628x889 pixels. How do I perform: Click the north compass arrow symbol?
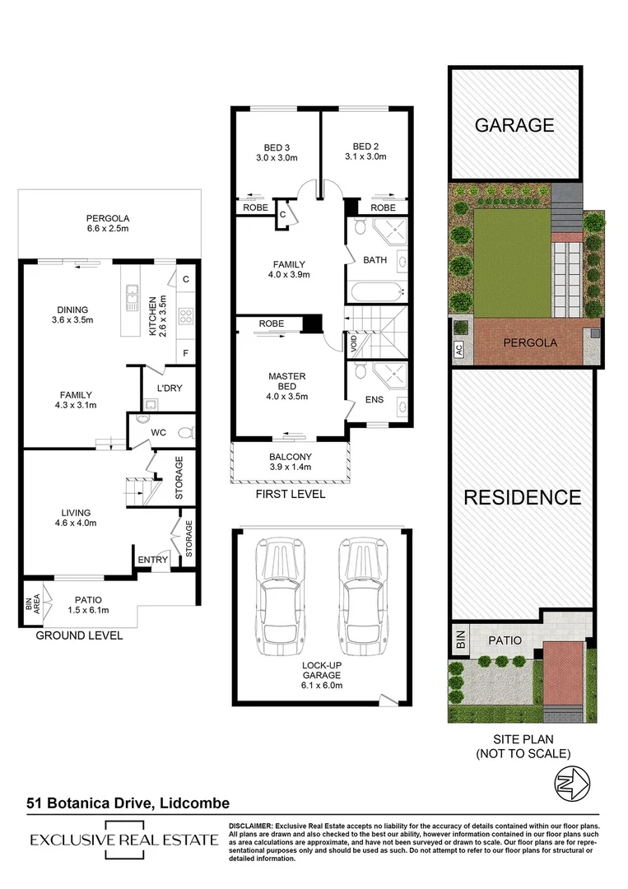pyautogui.click(x=572, y=783)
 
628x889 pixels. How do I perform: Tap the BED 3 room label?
pyautogui.click(x=277, y=147)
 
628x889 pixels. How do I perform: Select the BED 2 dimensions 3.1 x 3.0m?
pyautogui.click(x=365, y=156)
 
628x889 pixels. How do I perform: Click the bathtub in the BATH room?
pyautogui.click(x=377, y=292)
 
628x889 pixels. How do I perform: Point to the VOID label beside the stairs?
pyautogui.click(x=354, y=343)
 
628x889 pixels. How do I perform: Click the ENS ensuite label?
pyautogui.click(x=374, y=399)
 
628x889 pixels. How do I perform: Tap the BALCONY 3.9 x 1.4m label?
pyautogui.click(x=291, y=462)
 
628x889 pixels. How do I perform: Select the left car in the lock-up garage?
pyautogui.click(x=280, y=597)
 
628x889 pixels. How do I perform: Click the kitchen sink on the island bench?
pyautogui.click(x=132, y=296)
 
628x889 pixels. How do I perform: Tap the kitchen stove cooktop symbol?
pyautogui.click(x=186, y=316)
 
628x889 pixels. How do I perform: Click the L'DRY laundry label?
pyautogui.click(x=170, y=388)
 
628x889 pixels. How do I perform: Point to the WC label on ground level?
pyautogui.click(x=158, y=432)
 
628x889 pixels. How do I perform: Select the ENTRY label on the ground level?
pyautogui.click(x=152, y=560)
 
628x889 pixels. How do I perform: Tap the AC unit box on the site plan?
pyautogui.click(x=459, y=349)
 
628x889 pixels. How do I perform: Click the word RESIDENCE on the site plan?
pyautogui.click(x=523, y=497)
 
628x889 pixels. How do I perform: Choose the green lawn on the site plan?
pyautogui.click(x=512, y=263)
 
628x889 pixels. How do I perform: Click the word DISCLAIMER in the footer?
pyautogui.click(x=251, y=826)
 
